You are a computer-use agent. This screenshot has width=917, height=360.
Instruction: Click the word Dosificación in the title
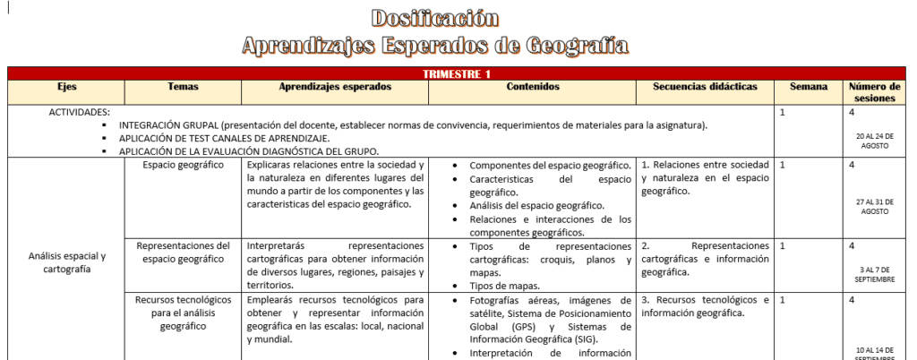433,17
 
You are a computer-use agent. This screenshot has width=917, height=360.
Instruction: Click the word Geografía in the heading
576,45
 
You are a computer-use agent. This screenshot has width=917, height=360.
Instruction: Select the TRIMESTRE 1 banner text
457,74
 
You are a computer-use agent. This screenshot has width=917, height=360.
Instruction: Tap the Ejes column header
66,87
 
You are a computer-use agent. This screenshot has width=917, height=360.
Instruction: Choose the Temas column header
183,87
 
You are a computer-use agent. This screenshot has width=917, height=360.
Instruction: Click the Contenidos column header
533,87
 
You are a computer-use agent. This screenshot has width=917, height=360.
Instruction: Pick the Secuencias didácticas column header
706,87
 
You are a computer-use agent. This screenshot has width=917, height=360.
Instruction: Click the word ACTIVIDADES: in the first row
80,112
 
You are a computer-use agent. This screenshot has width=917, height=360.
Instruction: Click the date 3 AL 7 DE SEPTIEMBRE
874,273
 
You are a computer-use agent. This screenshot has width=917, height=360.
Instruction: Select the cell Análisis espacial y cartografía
66,262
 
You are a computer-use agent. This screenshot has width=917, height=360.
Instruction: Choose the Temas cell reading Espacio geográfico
183,166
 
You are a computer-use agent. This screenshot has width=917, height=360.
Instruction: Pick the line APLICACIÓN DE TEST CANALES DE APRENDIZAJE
224,138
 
